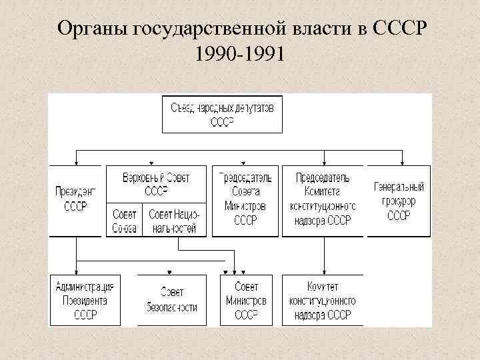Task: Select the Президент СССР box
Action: click(76, 199)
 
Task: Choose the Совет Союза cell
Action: click(123, 220)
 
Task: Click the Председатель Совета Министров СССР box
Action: click(245, 199)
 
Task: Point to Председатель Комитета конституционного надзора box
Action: click(323, 199)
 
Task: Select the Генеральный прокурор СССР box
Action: click(399, 199)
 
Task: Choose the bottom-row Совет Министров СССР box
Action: click(245, 300)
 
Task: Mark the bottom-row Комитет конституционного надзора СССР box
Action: click(323, 300)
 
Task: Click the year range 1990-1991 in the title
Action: click(240, 53)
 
